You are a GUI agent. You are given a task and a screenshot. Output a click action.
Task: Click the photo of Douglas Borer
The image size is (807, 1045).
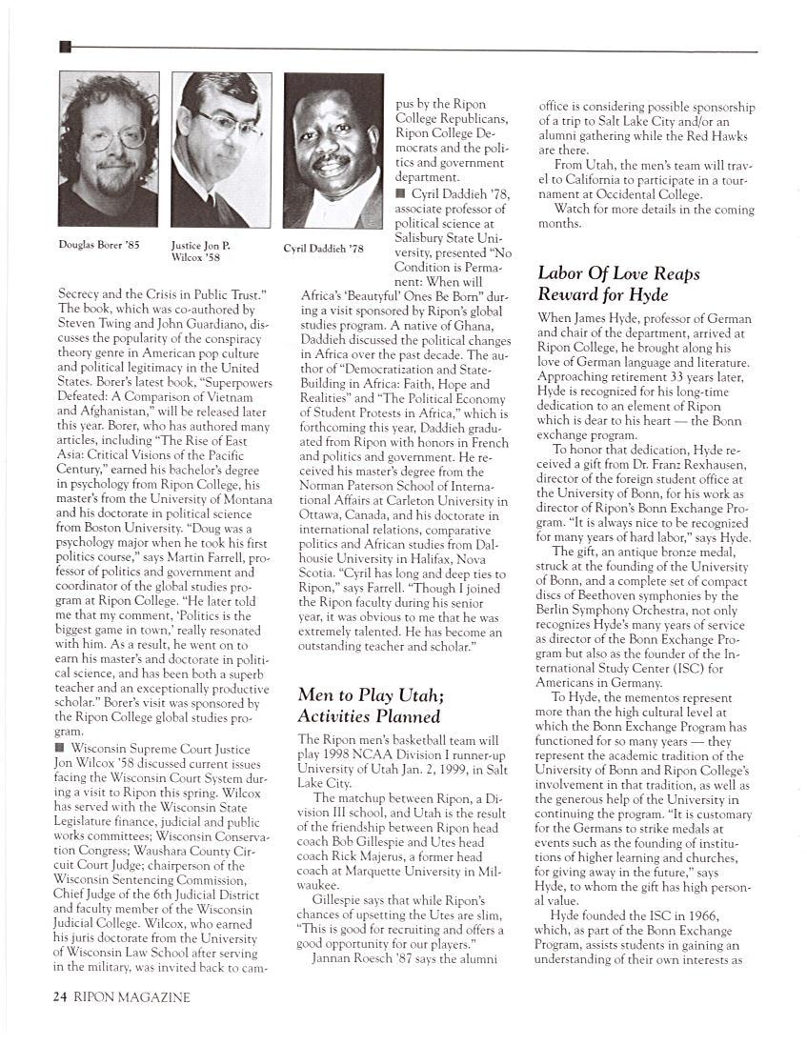pos(110,150)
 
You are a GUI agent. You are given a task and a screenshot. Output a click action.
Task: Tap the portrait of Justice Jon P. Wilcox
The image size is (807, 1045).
pos(221,150)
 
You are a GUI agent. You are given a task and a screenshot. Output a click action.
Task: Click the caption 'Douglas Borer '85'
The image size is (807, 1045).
pos(99,245)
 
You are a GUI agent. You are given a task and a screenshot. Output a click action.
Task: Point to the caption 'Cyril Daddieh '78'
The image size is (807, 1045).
pos(324,249)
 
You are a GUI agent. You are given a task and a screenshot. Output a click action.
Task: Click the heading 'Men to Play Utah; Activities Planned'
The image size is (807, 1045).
pos(369,705)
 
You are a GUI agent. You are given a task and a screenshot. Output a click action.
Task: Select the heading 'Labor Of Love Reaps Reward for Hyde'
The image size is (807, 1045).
pos(618,284)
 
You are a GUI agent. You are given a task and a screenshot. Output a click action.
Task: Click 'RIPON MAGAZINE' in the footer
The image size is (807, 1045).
pos(131,997)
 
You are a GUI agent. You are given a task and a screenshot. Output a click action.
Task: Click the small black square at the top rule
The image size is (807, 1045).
pos(65,47)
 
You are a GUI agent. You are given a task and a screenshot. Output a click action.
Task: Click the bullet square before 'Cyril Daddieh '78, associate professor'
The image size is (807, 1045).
pos(400,194)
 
